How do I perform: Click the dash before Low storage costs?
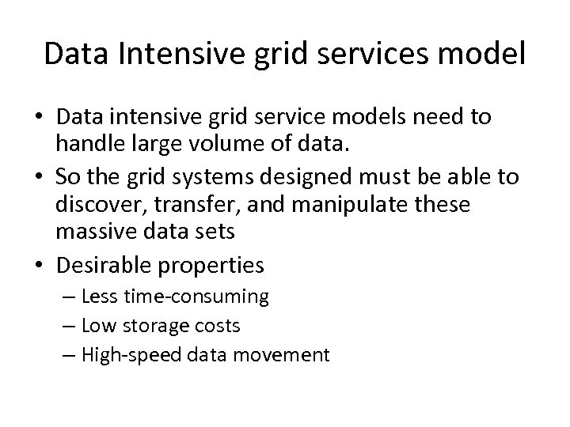click(67, 326)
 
